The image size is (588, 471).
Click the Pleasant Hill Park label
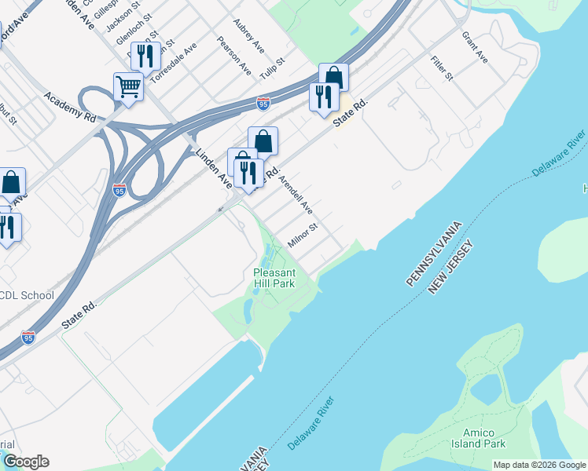274,278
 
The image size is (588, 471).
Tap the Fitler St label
442,68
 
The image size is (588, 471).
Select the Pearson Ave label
234,56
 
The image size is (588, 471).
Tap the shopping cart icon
128,86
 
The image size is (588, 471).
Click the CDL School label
27,296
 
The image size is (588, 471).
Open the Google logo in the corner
25,462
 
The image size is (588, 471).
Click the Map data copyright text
538,465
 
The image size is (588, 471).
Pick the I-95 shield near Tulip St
263,103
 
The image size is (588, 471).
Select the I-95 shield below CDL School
28,338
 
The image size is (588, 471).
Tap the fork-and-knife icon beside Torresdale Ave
145,57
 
